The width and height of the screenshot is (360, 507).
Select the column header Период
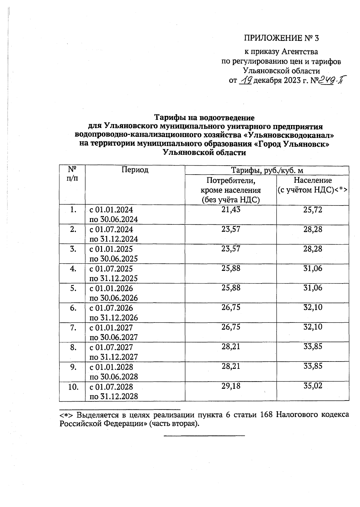click(x=135, y=170)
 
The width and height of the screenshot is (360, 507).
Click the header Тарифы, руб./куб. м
click(x=267, y=170)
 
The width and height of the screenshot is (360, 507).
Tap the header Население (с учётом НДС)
click(x=312, y=185)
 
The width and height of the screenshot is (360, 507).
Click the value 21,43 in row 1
click(x=231, y=210)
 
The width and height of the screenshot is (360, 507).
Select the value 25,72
click(x=313, y=210)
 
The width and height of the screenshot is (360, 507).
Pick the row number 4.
click(x=72, y=268)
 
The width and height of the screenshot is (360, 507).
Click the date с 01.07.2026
click(x=111, y=308)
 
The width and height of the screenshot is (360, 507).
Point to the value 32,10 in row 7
click(x=313, y=327)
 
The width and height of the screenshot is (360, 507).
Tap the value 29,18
click(x=231, y=386)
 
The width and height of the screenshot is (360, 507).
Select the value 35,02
click(x=313, y=386)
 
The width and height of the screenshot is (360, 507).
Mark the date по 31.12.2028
click(x=114, y=396)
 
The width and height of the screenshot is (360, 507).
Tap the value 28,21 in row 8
click(x=231, y=347)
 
